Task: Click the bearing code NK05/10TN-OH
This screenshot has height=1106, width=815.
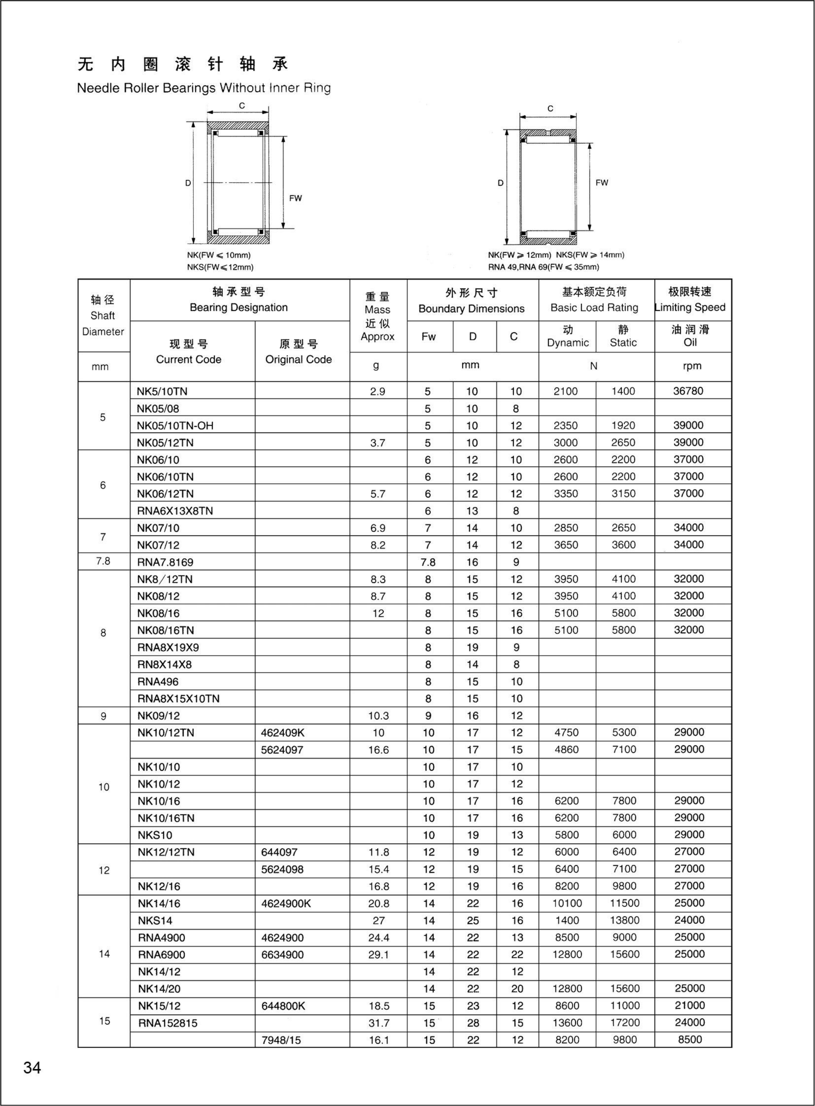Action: click(x=175, y=425)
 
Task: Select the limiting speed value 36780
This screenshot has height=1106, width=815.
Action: click(x=688, y=391)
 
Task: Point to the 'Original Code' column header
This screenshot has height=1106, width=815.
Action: click(x=298, y=359)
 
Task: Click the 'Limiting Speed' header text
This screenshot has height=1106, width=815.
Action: click(x=690, y=307)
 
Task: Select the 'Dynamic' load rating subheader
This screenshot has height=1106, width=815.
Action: click(x=568, y=343)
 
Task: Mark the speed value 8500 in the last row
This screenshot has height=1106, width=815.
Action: click(x=690, y=1039)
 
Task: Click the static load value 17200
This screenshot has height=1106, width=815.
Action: click(x=625, y=1023)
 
